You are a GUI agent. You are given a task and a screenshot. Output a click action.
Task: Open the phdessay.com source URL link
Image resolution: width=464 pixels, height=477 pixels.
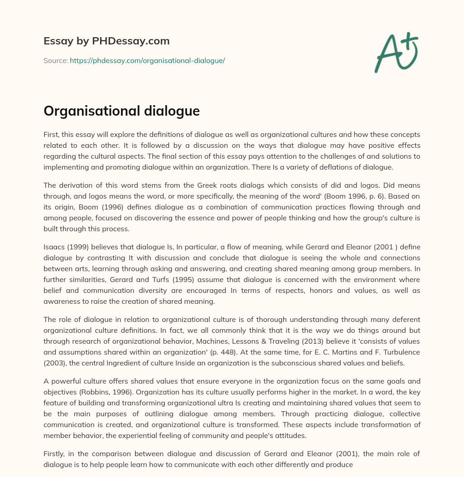(x=147, y=60)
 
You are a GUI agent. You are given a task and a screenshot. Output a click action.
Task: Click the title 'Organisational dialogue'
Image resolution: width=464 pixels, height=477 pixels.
(x=121, y=111)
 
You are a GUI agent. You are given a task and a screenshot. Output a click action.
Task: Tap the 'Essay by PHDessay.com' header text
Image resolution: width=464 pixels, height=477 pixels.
(x=106, y=41)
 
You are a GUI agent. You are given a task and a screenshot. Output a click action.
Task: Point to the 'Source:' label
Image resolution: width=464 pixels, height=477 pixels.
(x=55, y=60)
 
